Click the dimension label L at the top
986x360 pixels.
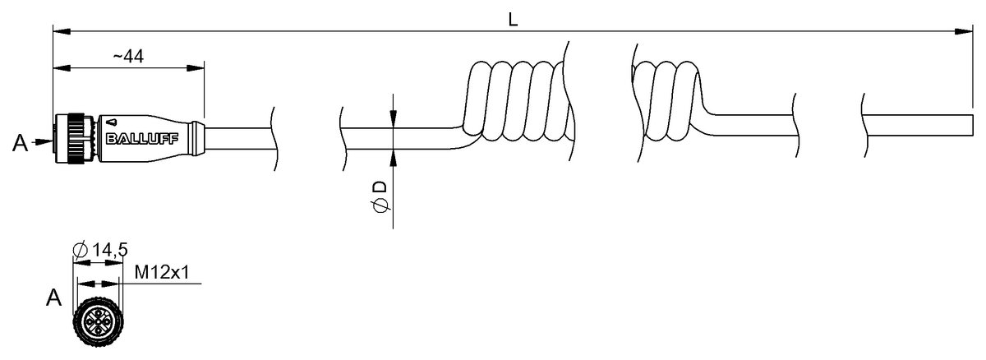coord(513,20)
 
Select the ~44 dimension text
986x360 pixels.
coord(128,57)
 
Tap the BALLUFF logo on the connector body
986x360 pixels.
coord(142,139)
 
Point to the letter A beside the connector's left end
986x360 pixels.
coord(20,143)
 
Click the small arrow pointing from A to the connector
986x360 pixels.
coord(43,141)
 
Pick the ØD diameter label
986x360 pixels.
coord(380,196)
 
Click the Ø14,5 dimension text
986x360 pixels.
coord(100,250)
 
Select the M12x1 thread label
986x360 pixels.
coord(162,272)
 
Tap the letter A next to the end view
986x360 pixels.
coord(53,298)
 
